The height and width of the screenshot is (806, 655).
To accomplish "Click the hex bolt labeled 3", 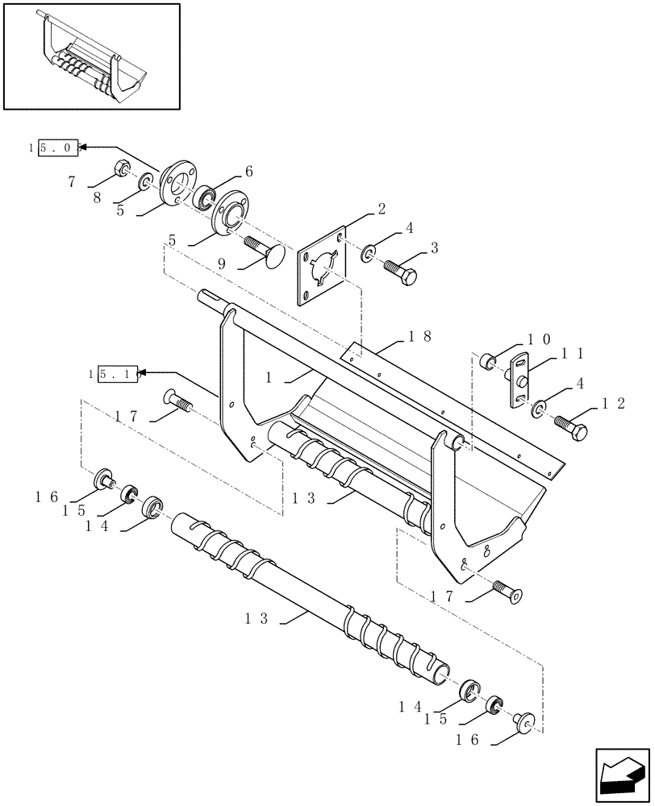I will (401, 272).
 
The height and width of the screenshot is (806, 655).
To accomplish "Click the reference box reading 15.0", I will (54, 147).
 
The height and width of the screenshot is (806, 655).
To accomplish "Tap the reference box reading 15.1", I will (118, 374).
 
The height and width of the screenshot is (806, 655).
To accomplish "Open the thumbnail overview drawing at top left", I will (91, 56).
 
